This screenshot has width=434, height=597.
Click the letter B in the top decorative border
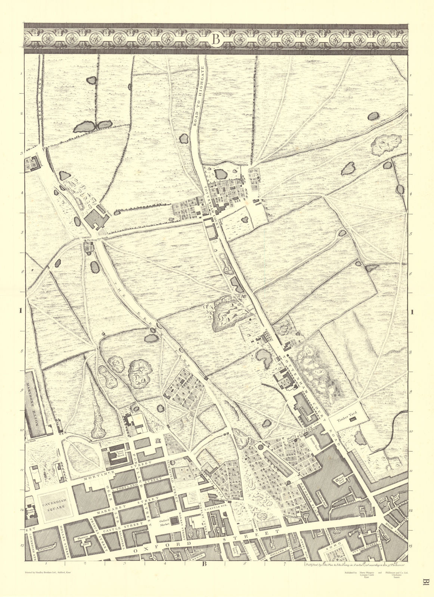216,39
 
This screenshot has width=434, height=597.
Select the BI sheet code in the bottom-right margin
425,585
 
